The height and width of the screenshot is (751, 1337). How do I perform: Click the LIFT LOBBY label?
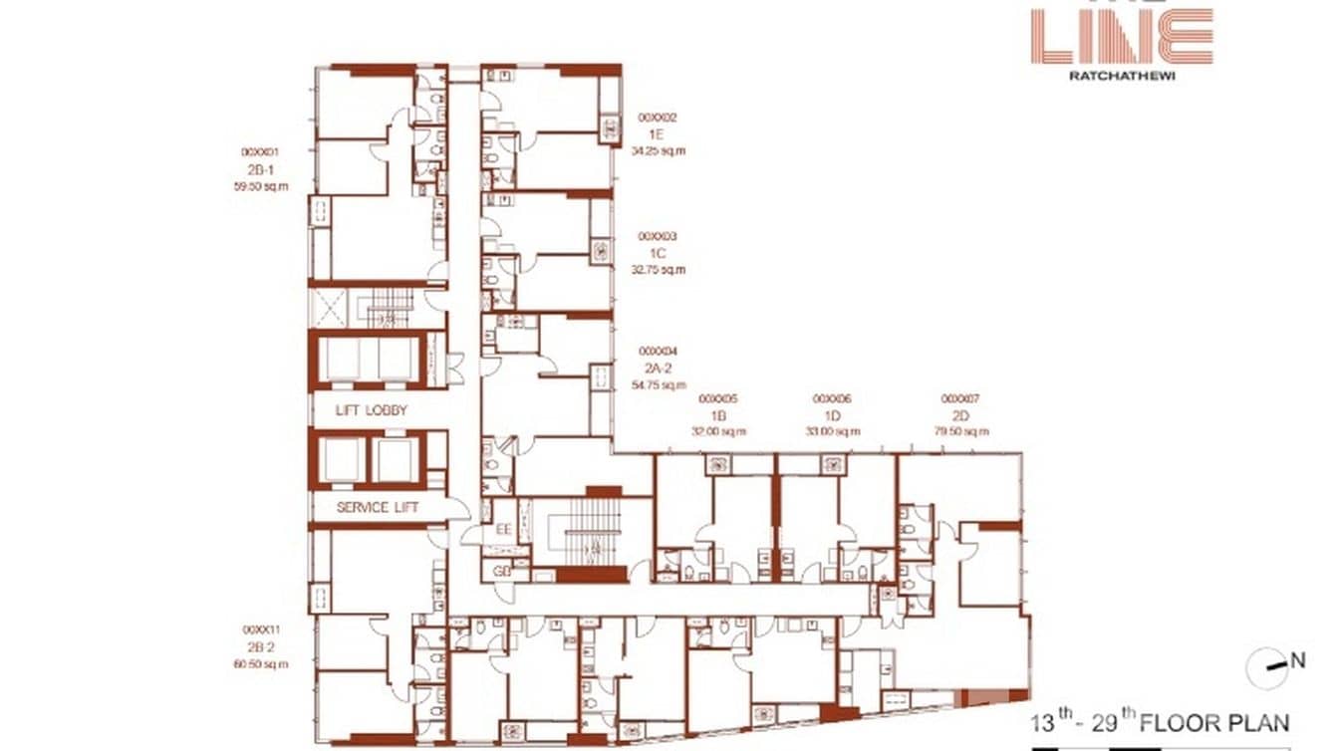373,410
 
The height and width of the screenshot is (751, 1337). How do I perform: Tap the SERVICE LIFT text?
378,508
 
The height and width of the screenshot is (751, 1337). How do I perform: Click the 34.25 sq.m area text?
659,151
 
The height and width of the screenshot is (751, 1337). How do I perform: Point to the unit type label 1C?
658,254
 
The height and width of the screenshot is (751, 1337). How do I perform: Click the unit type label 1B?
717,415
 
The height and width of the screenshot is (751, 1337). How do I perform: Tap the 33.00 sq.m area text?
832,431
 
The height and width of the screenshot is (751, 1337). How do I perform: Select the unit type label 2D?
960,415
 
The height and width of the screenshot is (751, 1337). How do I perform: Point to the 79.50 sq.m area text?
960,431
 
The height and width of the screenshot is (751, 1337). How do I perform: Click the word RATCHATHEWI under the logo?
1121,74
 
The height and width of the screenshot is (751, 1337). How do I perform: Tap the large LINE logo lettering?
1121,37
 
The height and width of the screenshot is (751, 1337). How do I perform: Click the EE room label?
504,530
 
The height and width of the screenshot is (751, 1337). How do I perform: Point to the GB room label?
504,572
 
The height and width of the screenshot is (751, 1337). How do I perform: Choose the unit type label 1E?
658,134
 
